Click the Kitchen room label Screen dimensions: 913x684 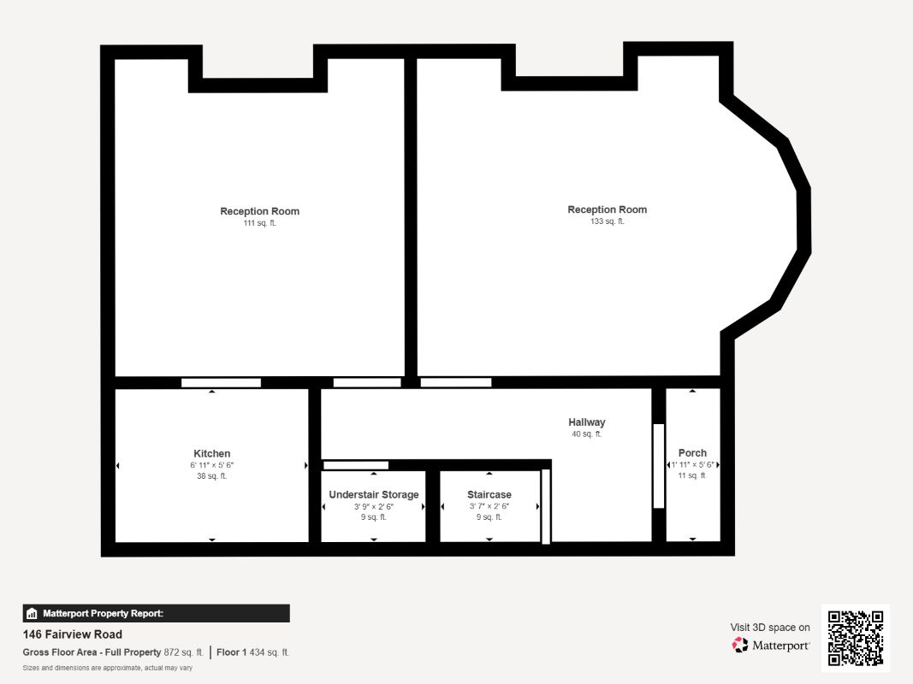(x=212, y=454)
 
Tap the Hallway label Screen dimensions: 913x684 (x=587, y=422)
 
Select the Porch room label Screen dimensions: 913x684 (x=692, y=452)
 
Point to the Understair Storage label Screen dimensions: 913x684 (x=374, y=494)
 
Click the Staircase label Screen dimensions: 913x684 (x=489, y=494)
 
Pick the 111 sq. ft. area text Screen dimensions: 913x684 (x=259, y=223)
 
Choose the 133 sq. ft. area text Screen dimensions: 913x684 (x=608, y=221)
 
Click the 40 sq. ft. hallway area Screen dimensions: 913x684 (x=587, y=433)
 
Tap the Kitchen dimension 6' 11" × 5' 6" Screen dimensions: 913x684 (x=212, y=465)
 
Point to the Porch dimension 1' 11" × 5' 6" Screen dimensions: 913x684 (x=692, y=465)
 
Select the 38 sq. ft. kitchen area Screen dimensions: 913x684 (x=212, y=475)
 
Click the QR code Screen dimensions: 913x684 (x=856, y=638)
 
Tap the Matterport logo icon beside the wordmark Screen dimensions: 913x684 (x=739, y=645)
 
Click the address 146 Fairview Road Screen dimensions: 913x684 (x=73, y=634)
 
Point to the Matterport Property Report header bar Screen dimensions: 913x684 (x=156, y=614)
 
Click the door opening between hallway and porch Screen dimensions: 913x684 (x=659, y=466)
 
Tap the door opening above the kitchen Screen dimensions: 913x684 (x=221, y=383)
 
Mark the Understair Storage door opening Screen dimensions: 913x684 (x=356, y=465)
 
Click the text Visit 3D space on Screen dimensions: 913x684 (x=770, y=628)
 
